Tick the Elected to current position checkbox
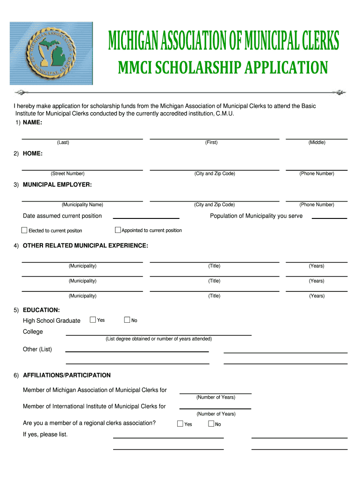tap(24, 230)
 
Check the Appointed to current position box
tap(118, 230)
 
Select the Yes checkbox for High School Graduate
tap(93, 319)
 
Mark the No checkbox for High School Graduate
tap(127, 319)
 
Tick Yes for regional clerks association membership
tap(180, 424)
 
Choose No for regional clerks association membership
tap(211, 424)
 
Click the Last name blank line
tap(82, 136)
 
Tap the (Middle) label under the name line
tap(317, 142)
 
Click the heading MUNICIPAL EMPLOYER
tap(57, 185)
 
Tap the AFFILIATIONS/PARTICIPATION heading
tap(67, 375)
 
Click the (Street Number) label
tap(68, 174)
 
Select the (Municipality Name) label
tap(82, 204)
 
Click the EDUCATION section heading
tap(41, 310)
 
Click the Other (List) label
tap(37, 349)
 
